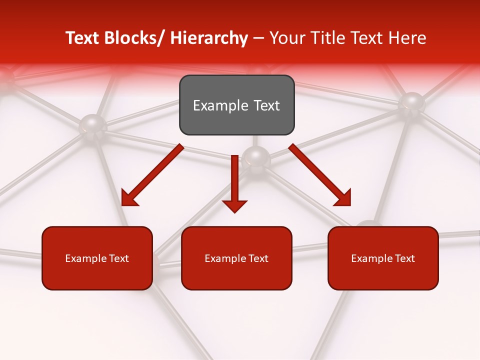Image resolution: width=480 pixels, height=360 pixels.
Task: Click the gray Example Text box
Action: click(236, 105)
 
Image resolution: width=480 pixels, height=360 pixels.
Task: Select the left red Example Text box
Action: click(97, 258)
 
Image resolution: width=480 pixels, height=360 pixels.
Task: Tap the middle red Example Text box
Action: click(236, 258)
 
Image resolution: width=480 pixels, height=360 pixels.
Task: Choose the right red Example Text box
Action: click(383, 258)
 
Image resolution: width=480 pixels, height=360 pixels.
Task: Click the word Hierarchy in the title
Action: click(208, 38)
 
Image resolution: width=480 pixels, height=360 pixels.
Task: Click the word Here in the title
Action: click(408, 38)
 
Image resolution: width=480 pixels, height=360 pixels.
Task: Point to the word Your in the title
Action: click(286, 38)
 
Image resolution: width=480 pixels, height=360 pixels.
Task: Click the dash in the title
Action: click(258, 38)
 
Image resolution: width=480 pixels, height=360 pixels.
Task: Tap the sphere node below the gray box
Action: click(256, 157)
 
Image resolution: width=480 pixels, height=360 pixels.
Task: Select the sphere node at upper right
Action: click(411, 102)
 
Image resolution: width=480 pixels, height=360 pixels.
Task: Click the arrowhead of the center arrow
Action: click(234, 205)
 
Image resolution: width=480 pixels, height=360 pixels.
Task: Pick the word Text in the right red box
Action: click(404, 258)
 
